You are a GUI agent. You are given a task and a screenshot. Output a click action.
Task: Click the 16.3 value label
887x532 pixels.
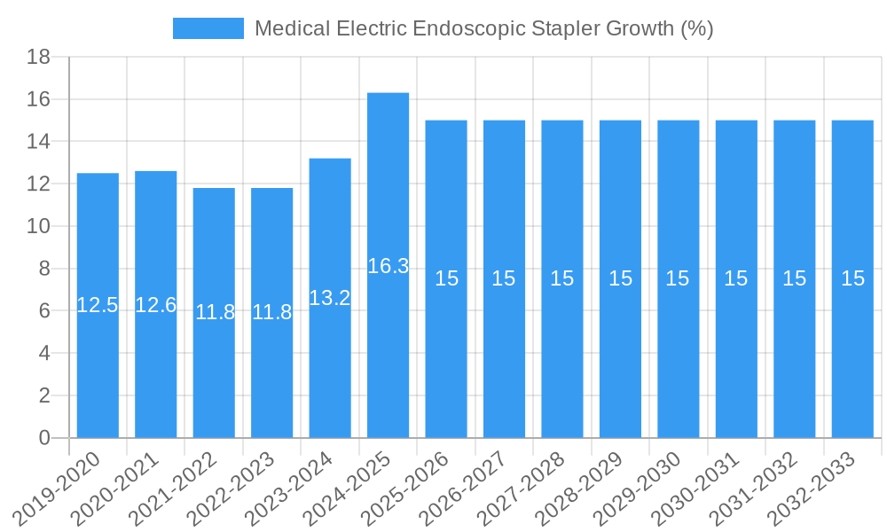pyautogui.click(x=388, y=266)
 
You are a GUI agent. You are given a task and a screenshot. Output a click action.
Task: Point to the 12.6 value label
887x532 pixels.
pyautogui.click(x=156, y=305)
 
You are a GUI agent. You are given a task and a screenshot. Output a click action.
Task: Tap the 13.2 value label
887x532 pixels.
pyautogui.click(x=330, y=298)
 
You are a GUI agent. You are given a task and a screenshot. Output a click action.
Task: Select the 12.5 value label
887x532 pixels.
pyautogui.click(x=98, y=305)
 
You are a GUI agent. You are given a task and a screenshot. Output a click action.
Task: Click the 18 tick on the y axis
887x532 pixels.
pyautogui.click(x=38, y=58)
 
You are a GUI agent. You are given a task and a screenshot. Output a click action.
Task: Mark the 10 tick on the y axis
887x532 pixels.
pyautogui.click(x=38, y=227)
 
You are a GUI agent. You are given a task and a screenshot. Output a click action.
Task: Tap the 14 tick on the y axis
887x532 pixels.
pyautogui.click(x=38, y=142)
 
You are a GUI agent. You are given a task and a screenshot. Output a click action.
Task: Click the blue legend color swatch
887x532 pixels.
pyautogui.click(x=208, y=28)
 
